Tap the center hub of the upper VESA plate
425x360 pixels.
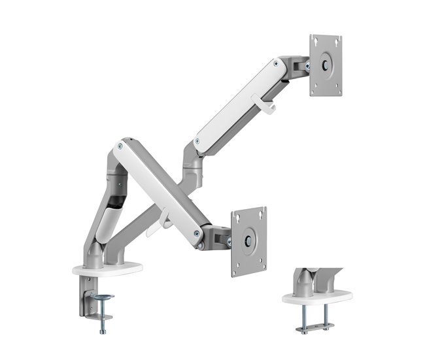pyautogui.click(x=326, y=65)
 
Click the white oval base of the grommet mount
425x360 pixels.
pyautogui.click(x=316, y=297)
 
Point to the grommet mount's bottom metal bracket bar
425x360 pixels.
pyautogui.click(x=314, y=325)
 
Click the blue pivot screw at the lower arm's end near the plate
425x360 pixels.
pyautogui.click(x=196, y=232)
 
